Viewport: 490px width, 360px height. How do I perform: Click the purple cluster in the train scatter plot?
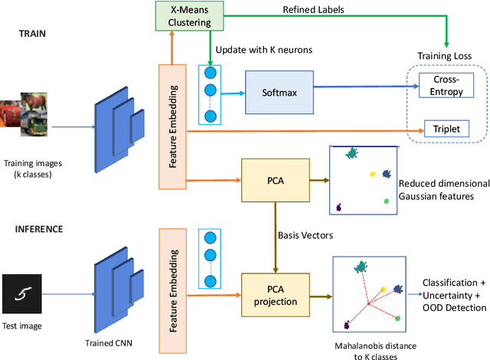[x=339, y=208]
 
